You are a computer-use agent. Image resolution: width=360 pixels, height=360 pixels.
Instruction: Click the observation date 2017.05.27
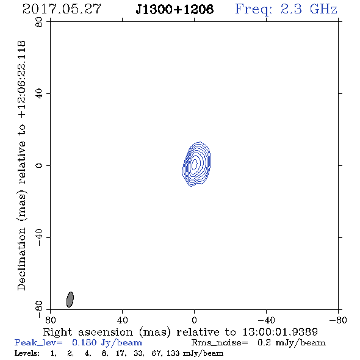pyautogui.click(x=62, y=9)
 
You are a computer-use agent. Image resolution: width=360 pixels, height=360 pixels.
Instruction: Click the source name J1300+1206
pyautogui.click(x=175, y=10)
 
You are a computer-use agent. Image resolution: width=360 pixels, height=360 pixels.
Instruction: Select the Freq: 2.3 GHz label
pyautogui.click(x=286, y=10)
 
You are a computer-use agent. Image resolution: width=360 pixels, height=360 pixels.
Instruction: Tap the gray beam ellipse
pyautogui.click(x=70, y=300)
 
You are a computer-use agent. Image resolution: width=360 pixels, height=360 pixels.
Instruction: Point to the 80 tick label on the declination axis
pyautogui.click(x=39, y=22)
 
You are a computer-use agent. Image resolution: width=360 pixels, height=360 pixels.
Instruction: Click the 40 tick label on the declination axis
pyautogui.click(x=39, y=94)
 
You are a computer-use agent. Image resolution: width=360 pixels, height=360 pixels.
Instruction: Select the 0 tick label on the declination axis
pyautogui.click(x=39, y=165)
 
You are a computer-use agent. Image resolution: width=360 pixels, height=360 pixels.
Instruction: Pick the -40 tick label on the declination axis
pyautogui.click(x=39, y=237)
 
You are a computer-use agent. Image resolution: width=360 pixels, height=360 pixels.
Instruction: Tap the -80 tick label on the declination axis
pyautogui.click(x=39, y=309)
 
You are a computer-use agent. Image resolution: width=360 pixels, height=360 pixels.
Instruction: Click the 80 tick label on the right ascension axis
pyautogui.click(x=51, y=320)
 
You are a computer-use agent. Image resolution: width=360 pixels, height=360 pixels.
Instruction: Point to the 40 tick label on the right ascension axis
pyautogui.click(x=123, y=320)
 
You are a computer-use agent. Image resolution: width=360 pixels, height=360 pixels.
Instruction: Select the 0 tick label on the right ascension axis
pyautogui.click(x=194, y=320)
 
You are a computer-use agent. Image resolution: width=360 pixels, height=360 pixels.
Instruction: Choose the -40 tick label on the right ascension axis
pyautogui.click(x=266, y=320)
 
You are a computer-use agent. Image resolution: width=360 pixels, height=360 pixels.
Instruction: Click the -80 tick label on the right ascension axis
pyautogui.click(x=338, y=320)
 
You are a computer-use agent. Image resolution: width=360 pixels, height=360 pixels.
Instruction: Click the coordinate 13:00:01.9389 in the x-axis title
pyautogui.click(x=280, y=332)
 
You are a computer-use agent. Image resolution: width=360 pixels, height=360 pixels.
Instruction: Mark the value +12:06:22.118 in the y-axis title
pyautogui.click(x=21, y=80)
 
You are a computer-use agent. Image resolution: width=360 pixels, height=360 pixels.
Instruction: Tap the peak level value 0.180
pyautogui.click(x=84, y=342)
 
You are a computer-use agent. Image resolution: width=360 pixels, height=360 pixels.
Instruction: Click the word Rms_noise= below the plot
pyautogui.click(x=220, y=343)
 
